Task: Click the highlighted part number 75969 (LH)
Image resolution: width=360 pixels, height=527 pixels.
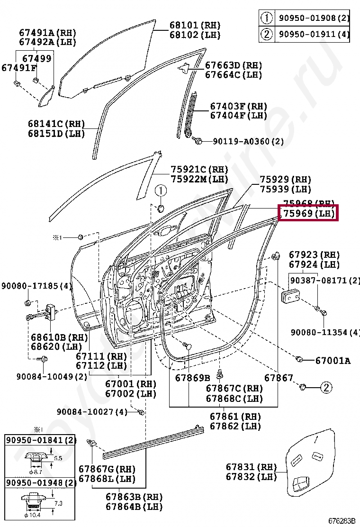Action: pyautogui.click(x=308, y=214)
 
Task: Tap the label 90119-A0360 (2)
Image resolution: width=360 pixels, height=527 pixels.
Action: pyautogui.click(x=248, y=141)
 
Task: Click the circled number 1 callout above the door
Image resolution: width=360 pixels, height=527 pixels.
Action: pyautogui.click(x=161, y=191)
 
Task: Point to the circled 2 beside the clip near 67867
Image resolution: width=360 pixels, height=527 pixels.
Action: pyautogui.click(x=326, y=388)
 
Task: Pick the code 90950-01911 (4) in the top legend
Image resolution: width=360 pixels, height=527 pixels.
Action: pyautogui.click(x=314, y=34)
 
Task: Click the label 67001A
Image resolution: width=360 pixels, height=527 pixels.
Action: pyautogui.click(x=333, y=361)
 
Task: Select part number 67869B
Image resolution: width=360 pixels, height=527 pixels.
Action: pyautogui.click(x=192, y=378)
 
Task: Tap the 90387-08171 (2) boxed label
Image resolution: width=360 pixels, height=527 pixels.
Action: pyautogui.click(x=324, y=280)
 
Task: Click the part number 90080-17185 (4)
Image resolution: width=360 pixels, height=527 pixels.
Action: pyautogui.click(x=36, y=286)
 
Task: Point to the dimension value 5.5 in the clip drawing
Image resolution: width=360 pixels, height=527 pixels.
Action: pyautogui.click(x=58, y=458)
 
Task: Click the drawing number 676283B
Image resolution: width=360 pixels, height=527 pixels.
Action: pyautogui.click(x=342, y=521)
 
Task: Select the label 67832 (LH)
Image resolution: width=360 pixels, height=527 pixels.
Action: pyautogui.click(x=251, y=477)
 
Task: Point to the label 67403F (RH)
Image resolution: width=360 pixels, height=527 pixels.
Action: pyautogui.click(x=239, y=106)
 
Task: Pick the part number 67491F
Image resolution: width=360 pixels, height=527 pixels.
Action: pyautogui.click(x=19, y=68)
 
